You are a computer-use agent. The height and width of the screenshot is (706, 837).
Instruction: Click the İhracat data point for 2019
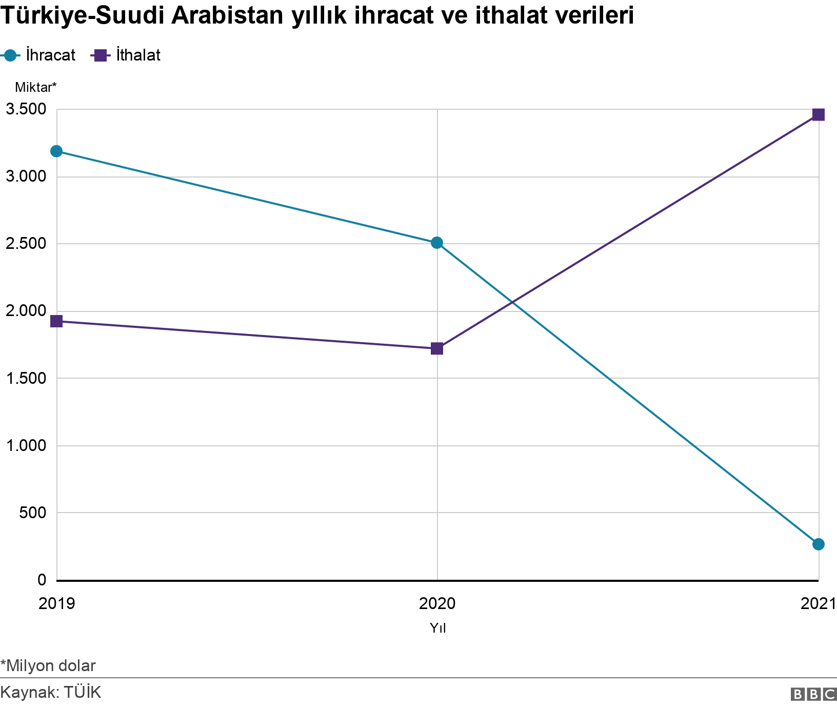pyautogui.click(x=56, y=151)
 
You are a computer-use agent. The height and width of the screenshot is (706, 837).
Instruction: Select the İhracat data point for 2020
pyautogui.click(x=437, y=243)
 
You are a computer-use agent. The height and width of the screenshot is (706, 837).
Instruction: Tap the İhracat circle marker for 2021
pyautogui.click(x=819, y=544)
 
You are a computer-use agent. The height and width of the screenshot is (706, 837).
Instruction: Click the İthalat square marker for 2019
pyautogui.click(x=56, y=321)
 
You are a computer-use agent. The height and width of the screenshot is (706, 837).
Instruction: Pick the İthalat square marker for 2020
pyautogui.click(x=437, y=348)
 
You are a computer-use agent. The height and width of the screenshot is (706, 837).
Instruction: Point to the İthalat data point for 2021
pyautogui.click(x=819, y=114)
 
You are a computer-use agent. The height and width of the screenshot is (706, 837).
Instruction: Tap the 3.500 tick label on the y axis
pyautogui.click(x=25, y=109)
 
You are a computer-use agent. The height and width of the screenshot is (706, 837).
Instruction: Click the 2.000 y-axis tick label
pyautogui.click(x=25, y=311)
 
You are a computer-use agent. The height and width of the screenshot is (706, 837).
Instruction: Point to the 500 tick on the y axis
pyautogui.click(x=33, y=513)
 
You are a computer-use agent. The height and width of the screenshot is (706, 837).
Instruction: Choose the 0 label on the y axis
pyautogui.click(x=42, y=580)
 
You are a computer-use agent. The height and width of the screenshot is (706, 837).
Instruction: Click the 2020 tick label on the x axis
pyautogui.click(x=437, y=603)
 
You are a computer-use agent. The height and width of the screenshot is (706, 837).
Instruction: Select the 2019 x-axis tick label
pyautogui.click(x=57, y=603)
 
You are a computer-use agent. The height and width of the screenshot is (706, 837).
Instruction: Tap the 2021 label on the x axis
pyautogui.click(x=819, y=603)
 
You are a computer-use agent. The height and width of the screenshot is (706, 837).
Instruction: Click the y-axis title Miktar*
pyautogui.click(x=35, y=87)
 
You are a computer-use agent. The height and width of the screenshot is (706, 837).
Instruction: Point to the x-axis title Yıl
pyautogui.click(x=437, y=627)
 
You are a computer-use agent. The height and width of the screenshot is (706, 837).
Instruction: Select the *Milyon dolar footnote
pyautogui.click(x=48, y=665)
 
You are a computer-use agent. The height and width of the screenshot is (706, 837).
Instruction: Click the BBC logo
pyautogui.click(x=813, y=694)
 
